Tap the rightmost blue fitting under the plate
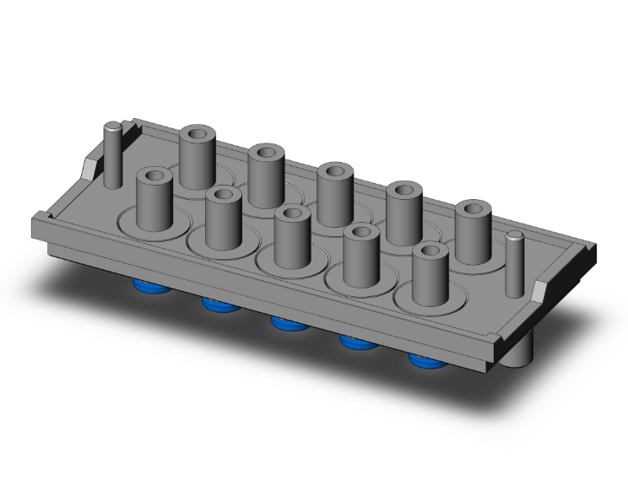click(424, 362)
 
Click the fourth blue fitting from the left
click(355, 342)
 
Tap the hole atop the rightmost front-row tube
click(430, 251)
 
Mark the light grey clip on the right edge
click(539, 292)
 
